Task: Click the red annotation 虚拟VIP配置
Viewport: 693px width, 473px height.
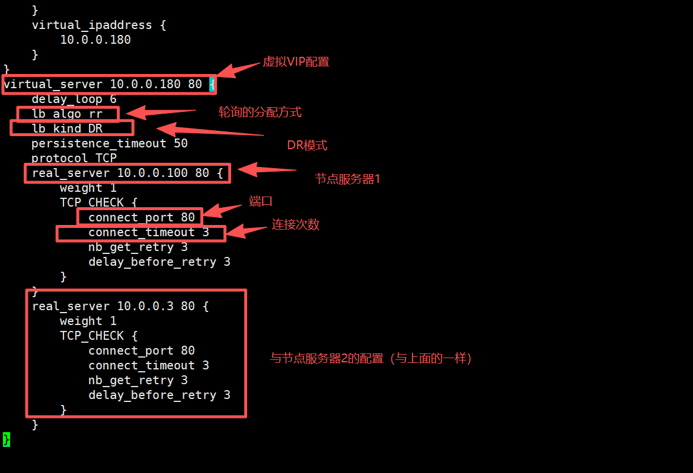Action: [x=296, y=62]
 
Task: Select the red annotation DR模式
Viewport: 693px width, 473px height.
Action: [x=307, y=146]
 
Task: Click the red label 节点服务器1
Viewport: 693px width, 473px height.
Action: [x=347, y=179]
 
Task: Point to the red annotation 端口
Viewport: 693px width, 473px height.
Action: [x=261, y=202]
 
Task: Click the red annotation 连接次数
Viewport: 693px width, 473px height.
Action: [x=296, y=225]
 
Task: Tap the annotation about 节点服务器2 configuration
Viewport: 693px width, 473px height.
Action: [x=371, y=358]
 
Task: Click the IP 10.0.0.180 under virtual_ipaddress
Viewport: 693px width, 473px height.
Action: [x=95, y=40]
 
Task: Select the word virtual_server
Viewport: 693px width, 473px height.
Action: [x=53, y=84]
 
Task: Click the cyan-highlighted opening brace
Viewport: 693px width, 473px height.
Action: [x=212, y=84]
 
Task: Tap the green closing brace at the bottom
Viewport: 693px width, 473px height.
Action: [x=6, y=439]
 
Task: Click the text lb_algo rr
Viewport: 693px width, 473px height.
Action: [x=67, y=114]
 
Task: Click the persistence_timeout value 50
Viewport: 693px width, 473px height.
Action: [x=181, y=143]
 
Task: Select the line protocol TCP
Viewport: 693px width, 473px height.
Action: [x=74, y=158]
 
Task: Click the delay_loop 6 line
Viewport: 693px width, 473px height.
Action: [x=74, y=99]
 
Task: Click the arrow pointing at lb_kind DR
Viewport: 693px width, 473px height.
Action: [x=207, y=131]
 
